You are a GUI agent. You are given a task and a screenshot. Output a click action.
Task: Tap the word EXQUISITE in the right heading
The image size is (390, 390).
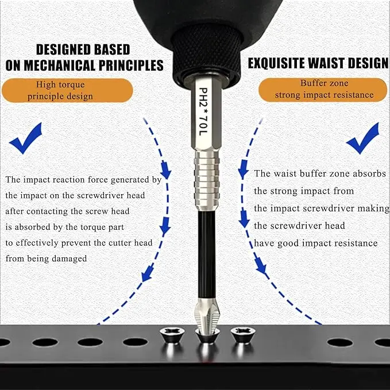[276, 63]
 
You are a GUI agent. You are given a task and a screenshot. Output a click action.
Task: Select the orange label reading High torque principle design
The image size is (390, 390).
[67, 90]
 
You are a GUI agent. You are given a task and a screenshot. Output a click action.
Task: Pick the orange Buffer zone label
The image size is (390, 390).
[323, 90]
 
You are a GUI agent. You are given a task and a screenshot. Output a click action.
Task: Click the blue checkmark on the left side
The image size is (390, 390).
[26, 139]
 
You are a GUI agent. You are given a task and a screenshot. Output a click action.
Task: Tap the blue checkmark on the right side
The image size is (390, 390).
[363, 139]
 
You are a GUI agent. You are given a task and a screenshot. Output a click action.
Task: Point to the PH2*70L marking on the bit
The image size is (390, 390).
[203, 111]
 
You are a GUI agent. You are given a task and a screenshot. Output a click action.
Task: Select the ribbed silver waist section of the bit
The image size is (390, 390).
[207, 180]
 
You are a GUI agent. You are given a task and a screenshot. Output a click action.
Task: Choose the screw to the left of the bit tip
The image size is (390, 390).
[172, 335]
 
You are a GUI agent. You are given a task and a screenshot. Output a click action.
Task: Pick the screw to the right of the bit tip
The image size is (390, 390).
[243, 335]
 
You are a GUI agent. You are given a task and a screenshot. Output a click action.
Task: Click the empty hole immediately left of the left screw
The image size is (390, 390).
[136, 342]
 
